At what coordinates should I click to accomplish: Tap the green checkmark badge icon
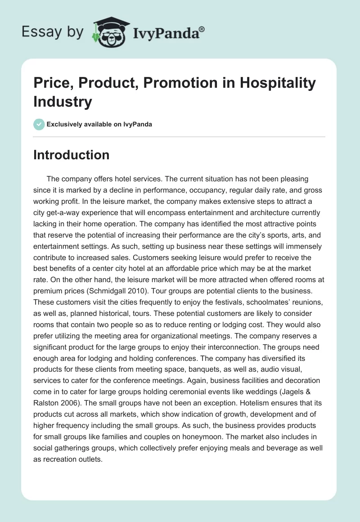point(39,124)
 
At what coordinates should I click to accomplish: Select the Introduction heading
point(71,155)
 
